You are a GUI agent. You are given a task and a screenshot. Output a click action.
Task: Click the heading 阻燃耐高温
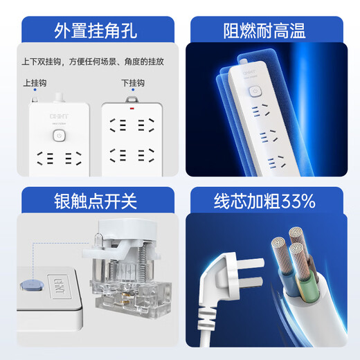tap(271, 30)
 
